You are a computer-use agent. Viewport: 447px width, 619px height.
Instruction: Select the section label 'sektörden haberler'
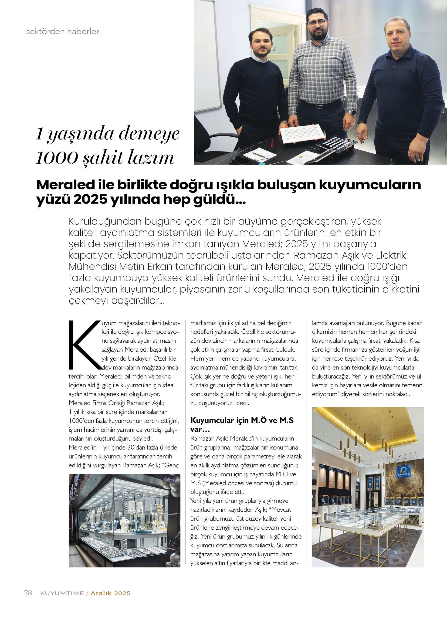click(62, 31)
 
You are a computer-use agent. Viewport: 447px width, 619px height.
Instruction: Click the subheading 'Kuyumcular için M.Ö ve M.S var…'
click(242, 424)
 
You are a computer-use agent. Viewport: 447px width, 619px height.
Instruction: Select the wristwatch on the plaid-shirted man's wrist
click(352, 112)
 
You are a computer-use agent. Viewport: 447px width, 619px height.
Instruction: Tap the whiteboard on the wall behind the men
click(206, 54)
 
